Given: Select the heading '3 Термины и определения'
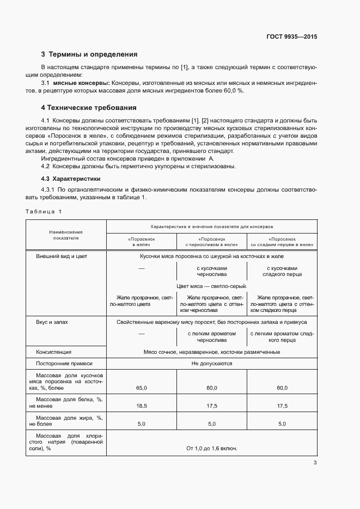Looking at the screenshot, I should click(x=89, y=54).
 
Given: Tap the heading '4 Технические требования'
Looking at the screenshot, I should click(x=89, y=108).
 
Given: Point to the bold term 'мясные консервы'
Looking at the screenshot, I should click(x=81, y=82).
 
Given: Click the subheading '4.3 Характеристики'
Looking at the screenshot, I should click(x=71, y=179).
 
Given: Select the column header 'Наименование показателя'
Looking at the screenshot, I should click(x=66, y=235).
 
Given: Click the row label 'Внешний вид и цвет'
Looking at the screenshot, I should click(x=62, y=256).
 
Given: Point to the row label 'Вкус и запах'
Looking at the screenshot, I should click(x=52, y=322).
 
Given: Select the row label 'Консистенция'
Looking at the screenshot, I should click(x=53, y=352).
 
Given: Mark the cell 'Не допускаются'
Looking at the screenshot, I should click(x=211, y=363).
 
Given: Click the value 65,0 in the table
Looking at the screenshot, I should click(x=142, y=388).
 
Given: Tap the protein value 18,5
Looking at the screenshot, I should click(x=142, y=406).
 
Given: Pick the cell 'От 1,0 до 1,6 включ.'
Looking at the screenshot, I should click(x=211, y=449).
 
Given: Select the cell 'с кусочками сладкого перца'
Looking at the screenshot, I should click(x=282, y=272).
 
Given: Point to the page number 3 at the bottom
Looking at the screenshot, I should click(x=315, y=463).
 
